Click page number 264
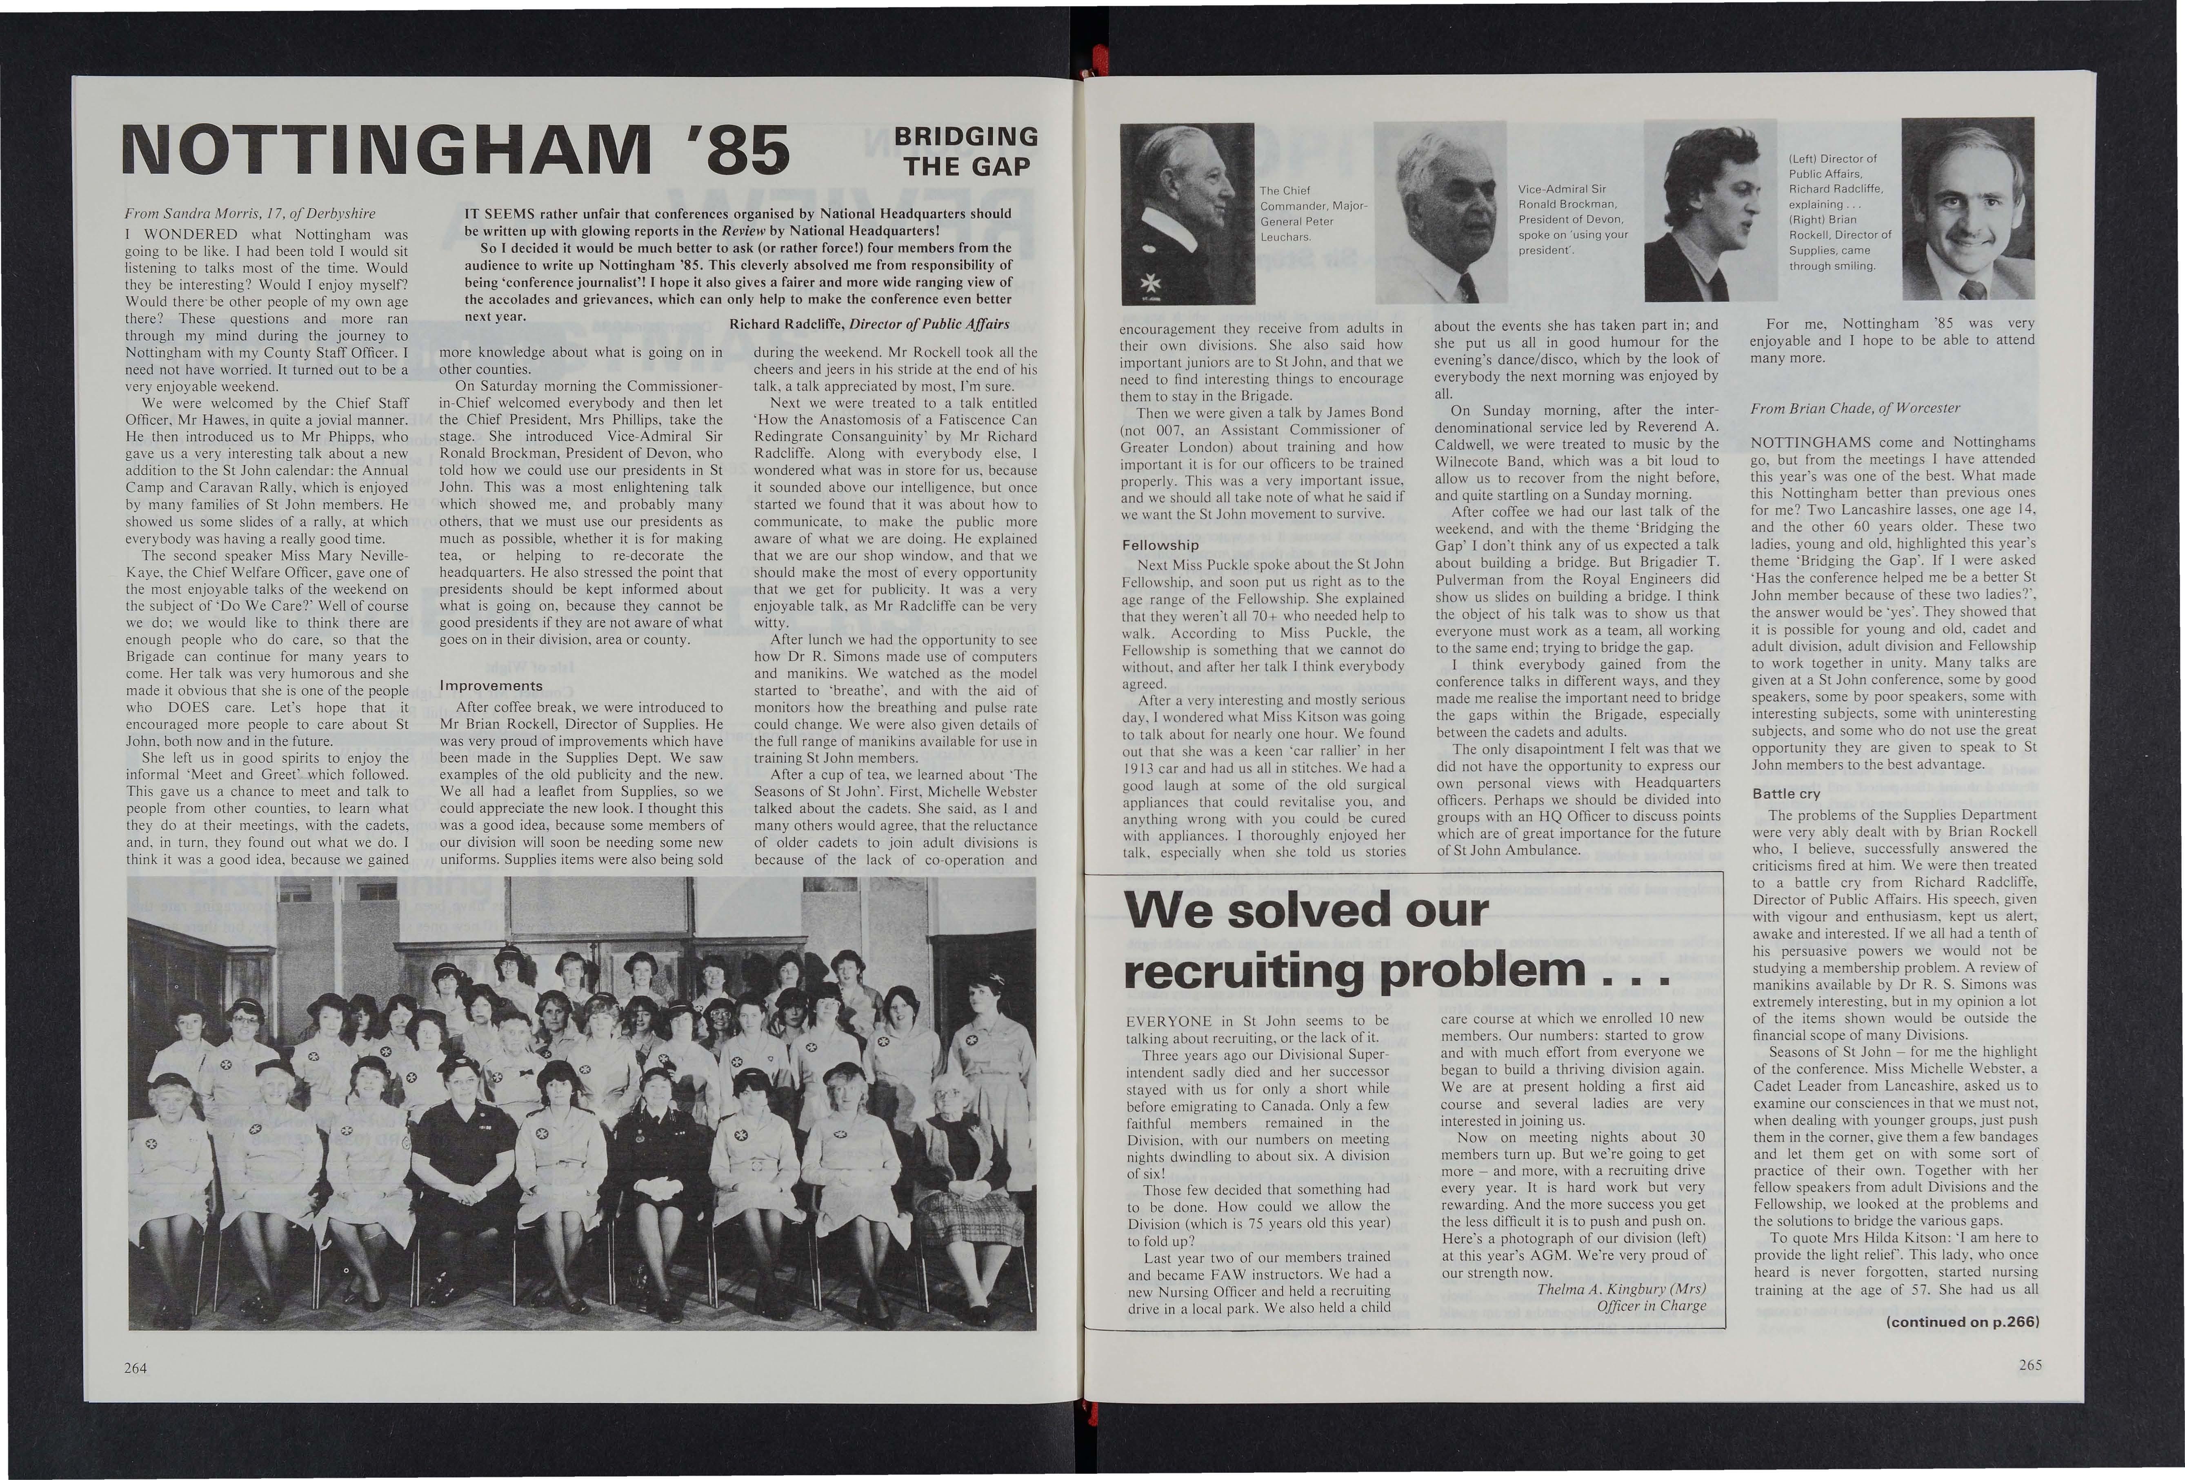[x=136, y=1367]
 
